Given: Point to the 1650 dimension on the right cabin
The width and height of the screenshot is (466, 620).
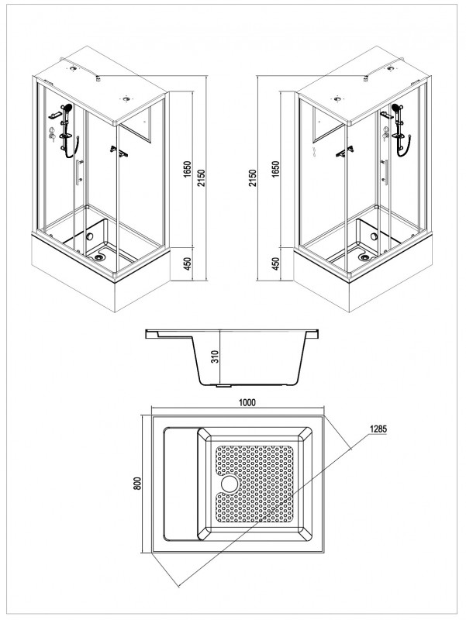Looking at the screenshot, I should (x=277, y=170).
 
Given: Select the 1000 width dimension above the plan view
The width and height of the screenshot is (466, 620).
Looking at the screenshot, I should (x=247, y=402).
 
